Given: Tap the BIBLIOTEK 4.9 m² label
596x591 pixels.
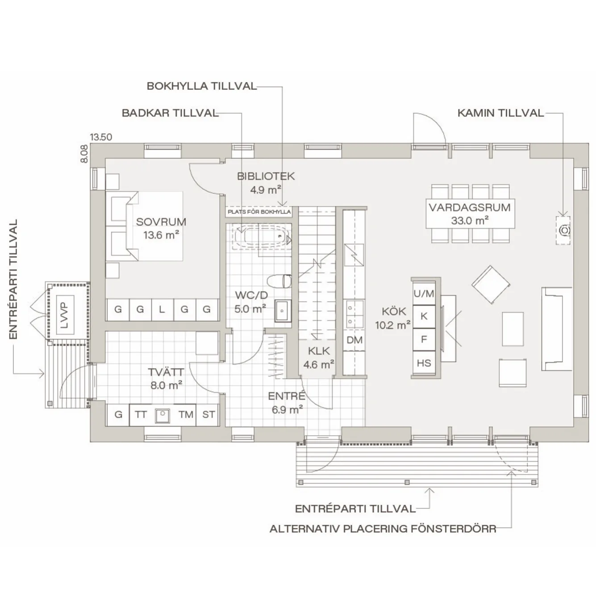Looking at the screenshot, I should (266, 182).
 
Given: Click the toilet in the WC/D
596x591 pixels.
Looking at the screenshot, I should (279, 281).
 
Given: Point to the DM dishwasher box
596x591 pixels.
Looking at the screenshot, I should (354, 340).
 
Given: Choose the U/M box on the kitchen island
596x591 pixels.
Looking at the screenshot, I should (424, 293).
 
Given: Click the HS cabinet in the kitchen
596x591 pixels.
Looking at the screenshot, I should (424, 363).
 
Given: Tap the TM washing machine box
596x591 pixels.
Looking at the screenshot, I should (186, 415).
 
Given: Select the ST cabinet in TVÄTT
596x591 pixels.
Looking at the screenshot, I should (208, 415).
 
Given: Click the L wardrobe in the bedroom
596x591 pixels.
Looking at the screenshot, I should (162, 309).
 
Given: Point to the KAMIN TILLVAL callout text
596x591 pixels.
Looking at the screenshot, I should (500, 113).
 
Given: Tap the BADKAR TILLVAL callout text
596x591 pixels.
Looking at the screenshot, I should (170, 113).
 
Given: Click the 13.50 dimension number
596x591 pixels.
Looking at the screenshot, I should (101, 137).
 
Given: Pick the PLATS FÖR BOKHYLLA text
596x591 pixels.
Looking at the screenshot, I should (259, 211).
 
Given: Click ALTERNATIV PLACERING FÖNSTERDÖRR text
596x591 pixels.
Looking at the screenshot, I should (383, 529).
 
